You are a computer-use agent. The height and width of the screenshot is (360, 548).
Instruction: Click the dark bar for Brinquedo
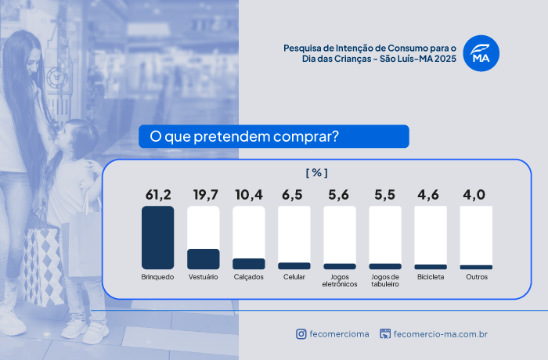click(x=157, y=238)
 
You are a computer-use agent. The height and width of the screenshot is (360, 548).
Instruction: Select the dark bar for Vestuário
click(x=203, y=259)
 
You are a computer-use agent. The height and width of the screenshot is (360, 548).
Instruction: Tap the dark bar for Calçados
click(x=249, y=264)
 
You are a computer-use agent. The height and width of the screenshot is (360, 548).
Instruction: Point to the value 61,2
click(x=157, y=194)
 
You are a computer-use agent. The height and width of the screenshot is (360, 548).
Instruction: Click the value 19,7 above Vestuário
click(x=204, y=194)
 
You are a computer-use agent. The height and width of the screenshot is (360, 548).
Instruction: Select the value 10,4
click(x=249, y=194)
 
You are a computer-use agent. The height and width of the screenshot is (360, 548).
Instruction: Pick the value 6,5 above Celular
click(x=294, y=194)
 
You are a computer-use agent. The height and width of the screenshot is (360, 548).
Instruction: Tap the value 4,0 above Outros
click(x=476, y=194)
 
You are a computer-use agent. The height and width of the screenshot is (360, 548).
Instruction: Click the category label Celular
click(x=294, y=277)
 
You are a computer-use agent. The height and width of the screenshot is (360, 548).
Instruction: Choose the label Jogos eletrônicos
click(x=340, y=280)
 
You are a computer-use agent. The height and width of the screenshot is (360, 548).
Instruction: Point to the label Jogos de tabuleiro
click(x=385, y=280)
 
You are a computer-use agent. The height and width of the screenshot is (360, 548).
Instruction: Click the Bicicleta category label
click(x=431, y=277)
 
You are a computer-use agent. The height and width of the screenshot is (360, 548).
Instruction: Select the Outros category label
click(x=476, y=277)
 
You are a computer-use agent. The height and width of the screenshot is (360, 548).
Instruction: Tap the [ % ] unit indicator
click(x=316, y=173)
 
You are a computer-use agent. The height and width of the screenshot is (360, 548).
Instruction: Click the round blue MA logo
click(x=481, y=54)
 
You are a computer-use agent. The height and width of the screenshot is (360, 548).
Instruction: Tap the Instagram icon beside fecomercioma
click(x=301, y=334)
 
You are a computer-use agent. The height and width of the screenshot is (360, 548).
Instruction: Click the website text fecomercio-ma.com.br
click(x=441, y=334)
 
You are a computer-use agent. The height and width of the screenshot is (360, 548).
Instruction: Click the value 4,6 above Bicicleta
click(x=431, y=194)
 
